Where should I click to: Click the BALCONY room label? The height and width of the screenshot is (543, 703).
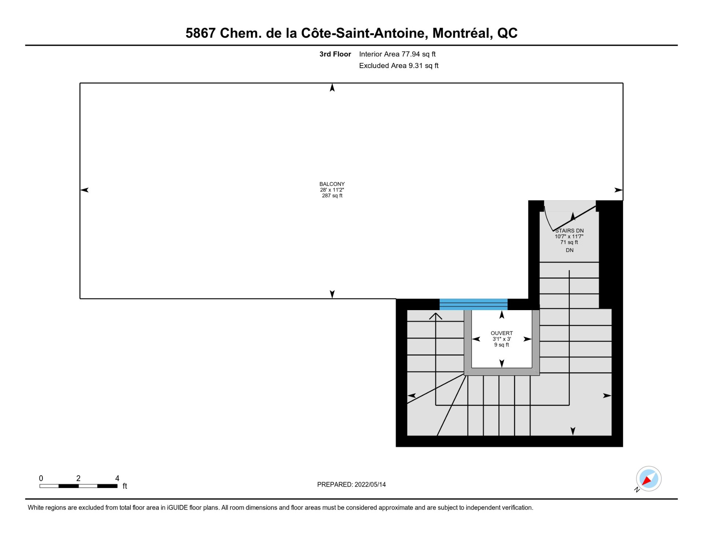[x=332, y=184]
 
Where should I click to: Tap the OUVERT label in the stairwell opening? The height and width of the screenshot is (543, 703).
[x=502, y=333]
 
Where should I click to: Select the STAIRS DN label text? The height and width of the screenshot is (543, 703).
[x=569, y=231]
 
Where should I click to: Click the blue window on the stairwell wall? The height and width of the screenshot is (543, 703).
[x=473, y=304]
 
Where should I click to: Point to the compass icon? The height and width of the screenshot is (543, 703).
[x=648, y=479]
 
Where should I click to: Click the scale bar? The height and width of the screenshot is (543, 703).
[x=78, y=486]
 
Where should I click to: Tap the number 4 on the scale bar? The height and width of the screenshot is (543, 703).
[x=117, y=478]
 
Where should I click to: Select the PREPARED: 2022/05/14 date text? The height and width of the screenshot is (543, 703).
[x=351, y=484]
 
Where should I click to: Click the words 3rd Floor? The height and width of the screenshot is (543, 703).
[x=335, y=54]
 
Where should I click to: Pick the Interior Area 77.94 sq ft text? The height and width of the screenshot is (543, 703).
[x=397, y=54]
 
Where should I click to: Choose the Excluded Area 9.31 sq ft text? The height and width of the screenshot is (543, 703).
[x=399, y=66]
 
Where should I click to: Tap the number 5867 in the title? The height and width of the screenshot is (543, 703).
[x=200, y=33]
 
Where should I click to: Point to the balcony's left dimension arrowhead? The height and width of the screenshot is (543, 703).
[x=84, y=190]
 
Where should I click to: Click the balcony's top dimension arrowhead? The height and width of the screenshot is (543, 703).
[x=332, y=88]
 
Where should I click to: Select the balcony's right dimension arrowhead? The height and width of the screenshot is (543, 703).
[x=618, y=190]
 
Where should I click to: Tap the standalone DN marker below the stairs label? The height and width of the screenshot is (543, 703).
[x=569, y=250]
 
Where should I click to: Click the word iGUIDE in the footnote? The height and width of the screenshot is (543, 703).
[x=177, y=507]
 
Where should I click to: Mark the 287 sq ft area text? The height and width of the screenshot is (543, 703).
[x=332, y=196]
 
